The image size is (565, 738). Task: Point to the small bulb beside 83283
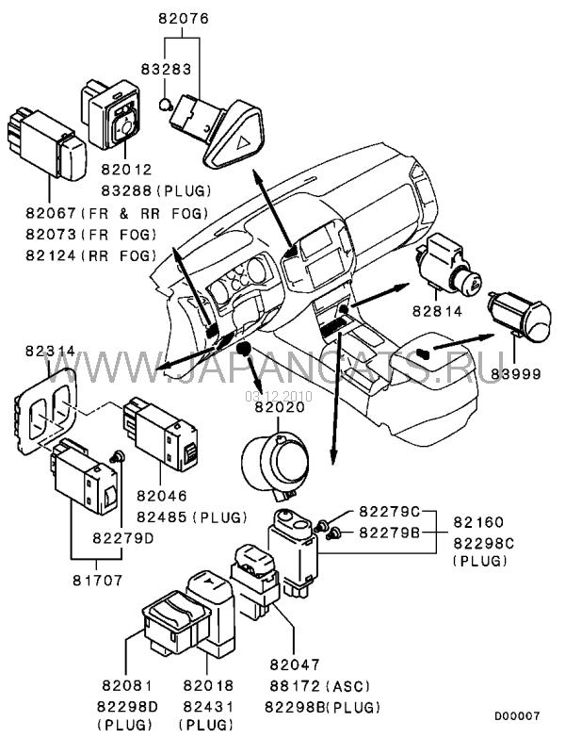[165, 103]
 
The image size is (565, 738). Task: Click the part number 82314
[37, 351]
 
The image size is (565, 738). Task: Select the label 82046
[161, 495]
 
